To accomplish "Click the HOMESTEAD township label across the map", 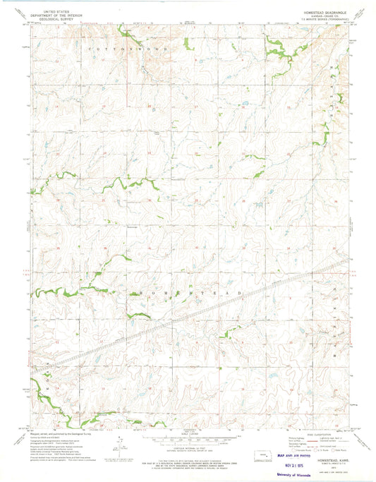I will coord(186,291).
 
